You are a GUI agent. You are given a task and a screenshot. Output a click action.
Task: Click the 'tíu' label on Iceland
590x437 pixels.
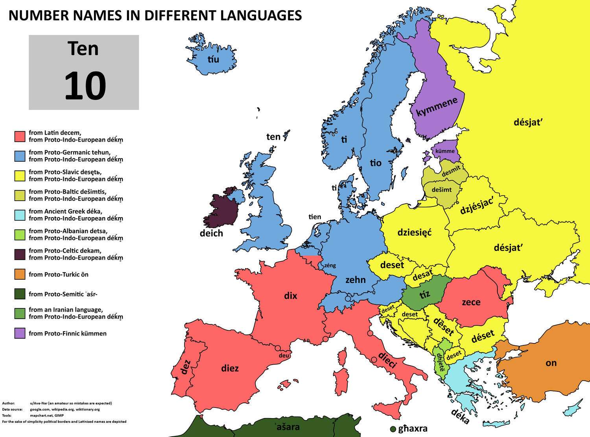tap(213, 60)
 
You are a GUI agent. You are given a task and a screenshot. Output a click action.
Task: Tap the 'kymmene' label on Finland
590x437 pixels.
tap(437, 107)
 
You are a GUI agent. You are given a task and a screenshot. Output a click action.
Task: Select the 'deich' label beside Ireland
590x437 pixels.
tap(211, 233)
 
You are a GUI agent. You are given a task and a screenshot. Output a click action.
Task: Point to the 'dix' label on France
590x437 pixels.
tap(291, 296)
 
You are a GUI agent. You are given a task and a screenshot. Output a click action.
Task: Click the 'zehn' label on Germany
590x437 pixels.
tap(355, 280)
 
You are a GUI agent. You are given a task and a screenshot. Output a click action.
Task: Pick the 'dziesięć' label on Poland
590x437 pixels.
tap(415, 232)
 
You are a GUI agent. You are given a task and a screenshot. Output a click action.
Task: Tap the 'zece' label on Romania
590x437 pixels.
tap(471, 302)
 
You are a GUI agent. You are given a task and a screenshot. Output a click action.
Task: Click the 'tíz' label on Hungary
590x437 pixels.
tap(424, 294)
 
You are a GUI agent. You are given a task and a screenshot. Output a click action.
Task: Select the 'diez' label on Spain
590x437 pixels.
tap(230, 368)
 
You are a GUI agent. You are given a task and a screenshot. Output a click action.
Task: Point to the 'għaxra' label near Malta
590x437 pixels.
tap(413, 429)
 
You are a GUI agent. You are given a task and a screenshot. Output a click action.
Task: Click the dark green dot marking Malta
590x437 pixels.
tap(393, 429)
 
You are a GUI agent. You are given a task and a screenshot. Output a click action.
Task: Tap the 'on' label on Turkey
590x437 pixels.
tap(551, 363)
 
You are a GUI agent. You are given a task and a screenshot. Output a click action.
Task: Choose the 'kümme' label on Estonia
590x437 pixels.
tap(445, 151)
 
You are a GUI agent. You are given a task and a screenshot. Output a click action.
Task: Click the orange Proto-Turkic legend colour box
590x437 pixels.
tap(20, 274)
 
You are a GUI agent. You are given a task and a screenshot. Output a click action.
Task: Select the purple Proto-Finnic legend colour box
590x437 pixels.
tap(20, 333)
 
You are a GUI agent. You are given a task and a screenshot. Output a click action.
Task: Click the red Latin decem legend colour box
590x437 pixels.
tap(20, 136)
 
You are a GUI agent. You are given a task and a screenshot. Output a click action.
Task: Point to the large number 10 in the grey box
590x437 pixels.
tap(85, 86)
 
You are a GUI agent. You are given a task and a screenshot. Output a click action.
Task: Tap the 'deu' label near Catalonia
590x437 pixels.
tap(284, 356)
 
